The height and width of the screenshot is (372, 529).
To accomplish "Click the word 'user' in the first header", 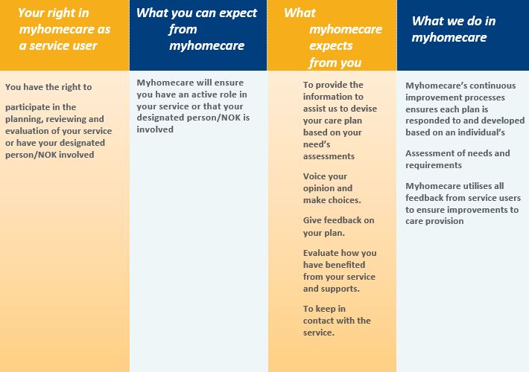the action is point(84,45).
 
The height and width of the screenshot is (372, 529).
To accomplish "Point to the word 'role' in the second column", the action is point(227,94).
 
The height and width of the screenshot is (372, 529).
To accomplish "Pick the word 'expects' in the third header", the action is point(331,46).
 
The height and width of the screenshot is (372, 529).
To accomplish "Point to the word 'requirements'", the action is point(434,165).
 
